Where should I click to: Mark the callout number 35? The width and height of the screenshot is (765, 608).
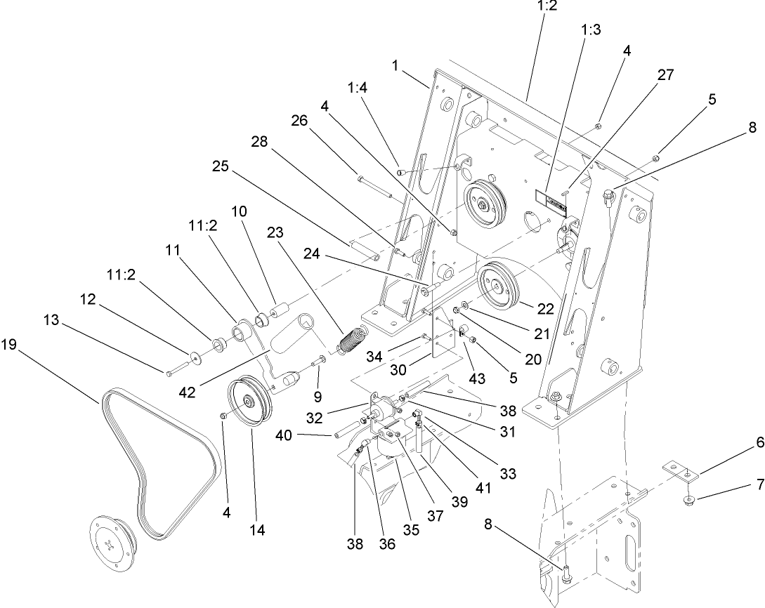tap(410, 529)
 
